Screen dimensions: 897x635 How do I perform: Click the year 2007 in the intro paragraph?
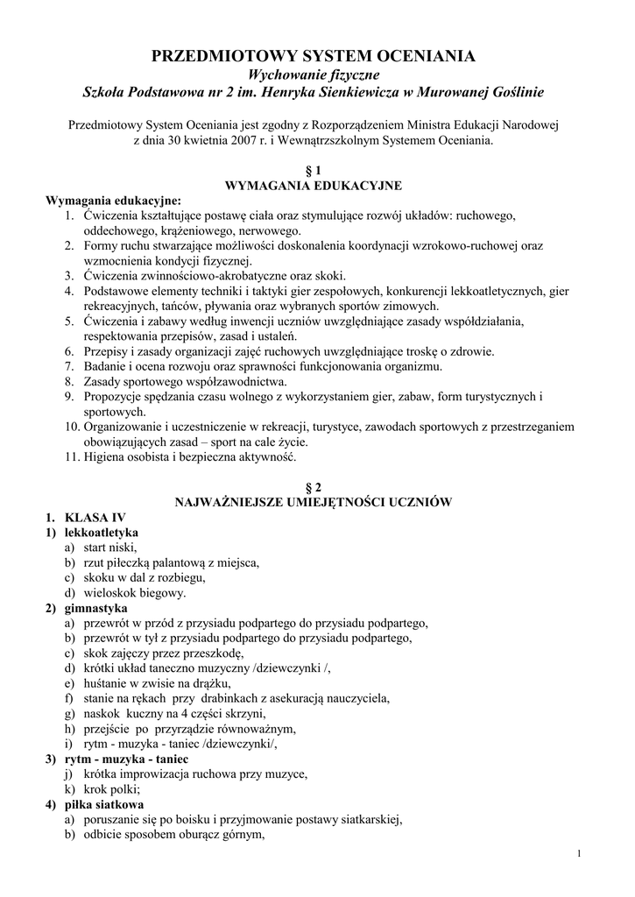click(x=240, y=138)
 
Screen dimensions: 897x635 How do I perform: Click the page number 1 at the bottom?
click(x=580, y=854)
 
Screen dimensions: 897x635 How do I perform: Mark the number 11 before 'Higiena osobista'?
click(x=71, y=456)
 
